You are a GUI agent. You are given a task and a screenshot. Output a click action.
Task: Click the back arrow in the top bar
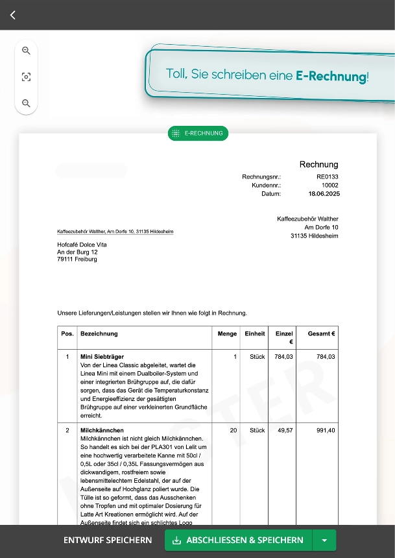tap(13, 15)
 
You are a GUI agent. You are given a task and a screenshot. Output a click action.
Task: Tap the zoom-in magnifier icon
tap(26, 51)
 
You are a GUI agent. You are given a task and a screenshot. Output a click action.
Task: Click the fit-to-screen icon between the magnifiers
tap(26, 77)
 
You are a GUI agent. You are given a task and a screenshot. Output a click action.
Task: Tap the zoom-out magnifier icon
tap(26, 103)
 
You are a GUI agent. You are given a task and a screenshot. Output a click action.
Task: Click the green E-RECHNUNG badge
tap(198, 133)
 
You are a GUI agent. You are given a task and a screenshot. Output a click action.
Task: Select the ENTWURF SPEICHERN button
tap(108, 540)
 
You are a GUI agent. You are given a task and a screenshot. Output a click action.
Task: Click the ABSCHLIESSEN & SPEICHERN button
tap(238, 540)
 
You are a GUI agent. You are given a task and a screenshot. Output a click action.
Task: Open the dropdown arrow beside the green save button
tap(324, 540)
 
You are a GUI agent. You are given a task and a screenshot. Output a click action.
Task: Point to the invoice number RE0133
tap(327, 176)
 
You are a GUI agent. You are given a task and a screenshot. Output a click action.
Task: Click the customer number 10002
tap(329, 185)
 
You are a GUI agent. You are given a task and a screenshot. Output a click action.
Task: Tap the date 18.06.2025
tap(324, 193)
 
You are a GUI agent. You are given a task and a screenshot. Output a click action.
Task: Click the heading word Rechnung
tap(318, 164)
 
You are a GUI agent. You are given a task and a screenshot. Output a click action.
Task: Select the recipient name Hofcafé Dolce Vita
tap(82, 245)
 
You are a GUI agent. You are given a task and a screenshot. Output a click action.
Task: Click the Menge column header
tap(228, 334)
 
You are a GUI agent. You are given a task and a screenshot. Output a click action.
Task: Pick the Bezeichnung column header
tap(99, 334)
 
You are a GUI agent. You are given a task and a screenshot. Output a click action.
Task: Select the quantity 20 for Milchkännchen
tap(233, 430)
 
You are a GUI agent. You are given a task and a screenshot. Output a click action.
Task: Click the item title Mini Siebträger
tap(102, 357)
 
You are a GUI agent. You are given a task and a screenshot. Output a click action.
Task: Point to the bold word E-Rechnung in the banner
tap(331, 75)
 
